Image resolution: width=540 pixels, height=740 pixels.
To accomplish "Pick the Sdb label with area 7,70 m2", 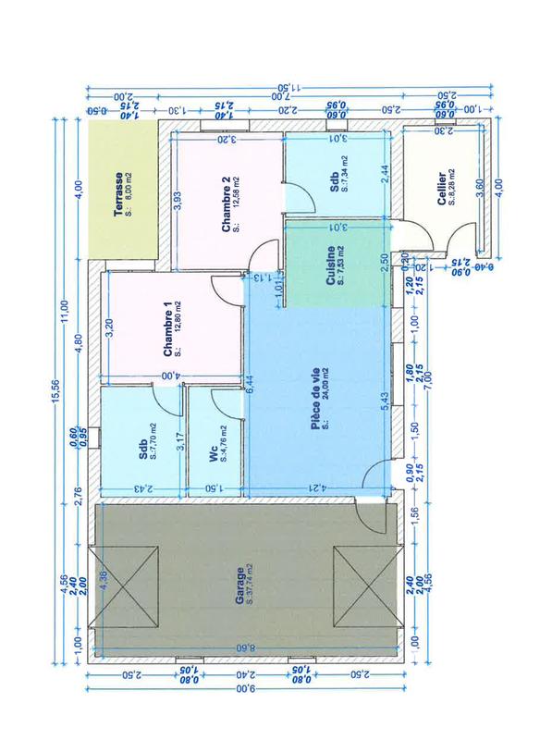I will [143, 448].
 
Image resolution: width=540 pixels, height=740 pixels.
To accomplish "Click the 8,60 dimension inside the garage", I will [243, 647].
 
